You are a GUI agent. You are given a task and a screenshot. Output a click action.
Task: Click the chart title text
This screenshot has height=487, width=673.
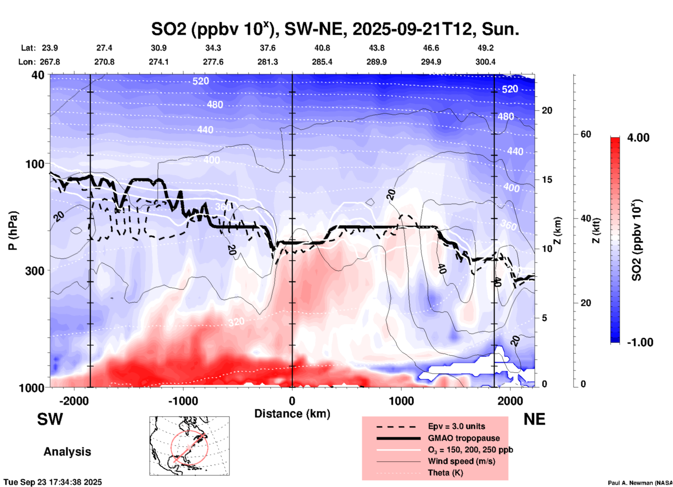point(335,29)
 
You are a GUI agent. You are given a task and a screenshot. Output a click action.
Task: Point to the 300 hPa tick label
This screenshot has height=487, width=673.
point(35,271)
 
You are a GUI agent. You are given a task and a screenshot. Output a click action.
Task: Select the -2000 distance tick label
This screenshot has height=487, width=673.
point(74,401)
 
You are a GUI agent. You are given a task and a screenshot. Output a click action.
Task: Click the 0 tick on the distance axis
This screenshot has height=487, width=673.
point(292,401)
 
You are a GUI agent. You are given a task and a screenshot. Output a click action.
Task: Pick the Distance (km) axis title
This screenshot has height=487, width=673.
point(292,414)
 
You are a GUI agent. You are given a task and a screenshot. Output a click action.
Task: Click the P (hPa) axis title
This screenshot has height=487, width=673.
point(13,231)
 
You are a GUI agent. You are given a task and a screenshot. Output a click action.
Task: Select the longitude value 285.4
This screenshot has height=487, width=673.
point(322,62)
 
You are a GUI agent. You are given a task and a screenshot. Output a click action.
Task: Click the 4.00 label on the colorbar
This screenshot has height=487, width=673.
point(638,138)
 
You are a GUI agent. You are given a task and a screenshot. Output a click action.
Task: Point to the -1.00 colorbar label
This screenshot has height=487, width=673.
point(640,342)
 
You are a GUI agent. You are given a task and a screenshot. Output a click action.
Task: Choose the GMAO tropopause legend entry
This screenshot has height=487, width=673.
point(464,438)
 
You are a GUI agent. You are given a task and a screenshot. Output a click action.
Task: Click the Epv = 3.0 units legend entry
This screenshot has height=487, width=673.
point(456,427)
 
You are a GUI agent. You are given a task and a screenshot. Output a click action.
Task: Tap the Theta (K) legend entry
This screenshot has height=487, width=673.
point(445,473)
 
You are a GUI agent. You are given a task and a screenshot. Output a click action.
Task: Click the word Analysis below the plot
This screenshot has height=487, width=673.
point(67,452)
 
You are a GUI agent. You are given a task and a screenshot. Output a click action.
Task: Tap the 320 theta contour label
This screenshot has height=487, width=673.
point(237,322)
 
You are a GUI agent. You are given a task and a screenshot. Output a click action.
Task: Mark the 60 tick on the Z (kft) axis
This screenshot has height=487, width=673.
point(586,134)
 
